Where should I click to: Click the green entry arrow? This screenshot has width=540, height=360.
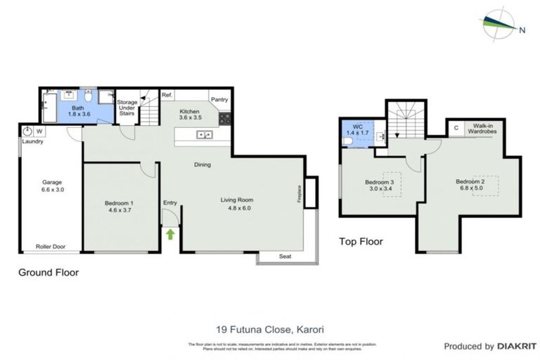[x=170, y=233]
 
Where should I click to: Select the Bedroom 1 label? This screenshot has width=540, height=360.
[x=119, y=203]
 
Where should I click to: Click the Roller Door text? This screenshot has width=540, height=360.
[x=50, y=247]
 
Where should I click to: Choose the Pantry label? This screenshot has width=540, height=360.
[x=220, y=100]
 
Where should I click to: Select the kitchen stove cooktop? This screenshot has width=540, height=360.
[x=225, y=118]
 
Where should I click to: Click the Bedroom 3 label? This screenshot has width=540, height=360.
[x=379, y=183]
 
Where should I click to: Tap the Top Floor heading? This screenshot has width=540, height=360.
[x=361, y=241]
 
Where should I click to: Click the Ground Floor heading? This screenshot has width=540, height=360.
[x=48, y=272]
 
